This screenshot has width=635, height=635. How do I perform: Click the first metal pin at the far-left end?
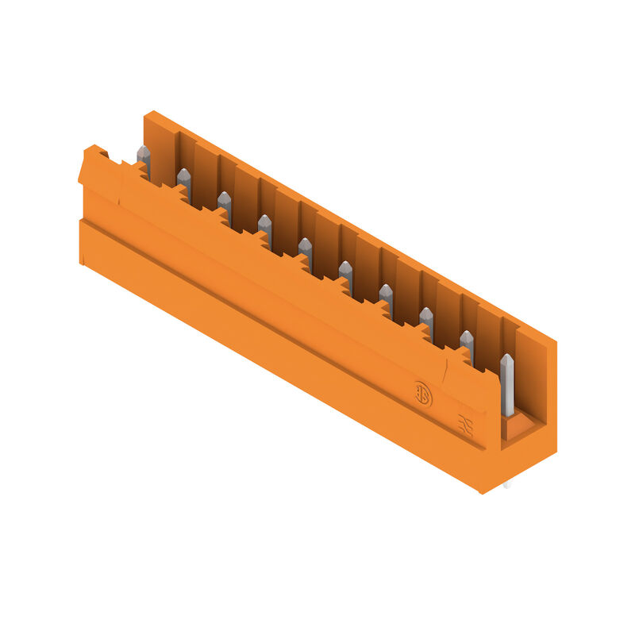click(x=144, y=159)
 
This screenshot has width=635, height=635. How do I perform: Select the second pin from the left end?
click(x=184, y=182)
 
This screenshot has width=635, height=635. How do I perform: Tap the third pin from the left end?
click(x=225, y=205)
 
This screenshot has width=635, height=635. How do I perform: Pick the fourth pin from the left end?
click(x=265, y=228)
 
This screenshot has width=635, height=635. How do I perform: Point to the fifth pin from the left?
click(x=306, y=251)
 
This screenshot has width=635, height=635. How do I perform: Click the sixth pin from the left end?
click(x=346, y=274)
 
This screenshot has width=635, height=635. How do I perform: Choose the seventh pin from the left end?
click(x=386, y=297)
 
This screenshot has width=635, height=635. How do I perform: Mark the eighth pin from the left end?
click(x=426, y=320)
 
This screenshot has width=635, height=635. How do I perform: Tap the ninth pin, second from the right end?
click(x=467, y=344)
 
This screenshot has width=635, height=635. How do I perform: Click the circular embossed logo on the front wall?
click(x=422, y=394)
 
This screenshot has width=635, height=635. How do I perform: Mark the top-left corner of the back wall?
click(x=147, y=116)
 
